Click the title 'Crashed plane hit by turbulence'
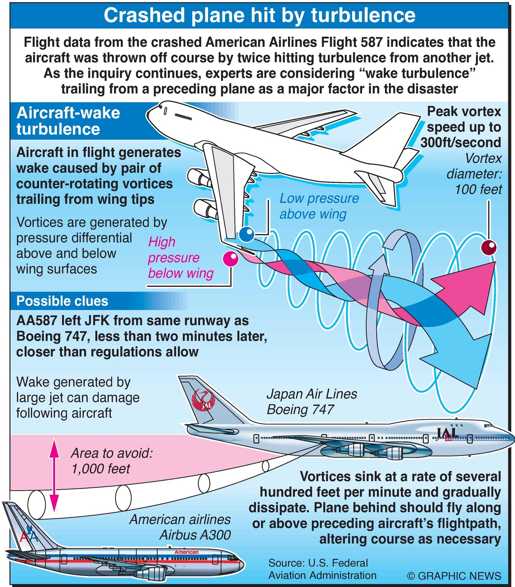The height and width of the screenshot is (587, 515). [259, 15]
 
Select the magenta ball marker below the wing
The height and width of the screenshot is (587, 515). [231, 258]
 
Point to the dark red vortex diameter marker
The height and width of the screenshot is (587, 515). [489, 247]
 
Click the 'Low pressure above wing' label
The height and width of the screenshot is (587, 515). [319, 206]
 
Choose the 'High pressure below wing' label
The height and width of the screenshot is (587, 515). [180, 257]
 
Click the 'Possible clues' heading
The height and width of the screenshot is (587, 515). [62, 301]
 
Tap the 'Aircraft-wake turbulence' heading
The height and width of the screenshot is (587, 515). [68, 121]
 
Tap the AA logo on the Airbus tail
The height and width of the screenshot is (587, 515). [28, 535]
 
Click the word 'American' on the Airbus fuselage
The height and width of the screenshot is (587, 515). [186, 552]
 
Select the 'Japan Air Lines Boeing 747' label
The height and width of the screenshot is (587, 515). [312, 401]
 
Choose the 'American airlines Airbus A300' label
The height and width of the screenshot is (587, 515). [180, 527]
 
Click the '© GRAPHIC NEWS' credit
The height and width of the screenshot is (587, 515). [454, 576]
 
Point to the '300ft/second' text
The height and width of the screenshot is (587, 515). [461, 142]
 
